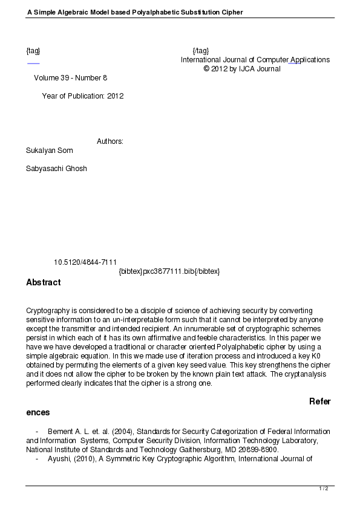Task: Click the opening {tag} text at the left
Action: pos(33,51)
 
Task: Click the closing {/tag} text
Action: pos(200,51)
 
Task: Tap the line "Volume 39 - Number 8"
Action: pos(70,78)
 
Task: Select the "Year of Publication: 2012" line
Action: pos(83,96)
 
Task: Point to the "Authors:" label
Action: pos(110,141)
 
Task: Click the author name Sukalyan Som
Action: pos(50,151)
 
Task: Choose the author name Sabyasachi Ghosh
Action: pos(56,169)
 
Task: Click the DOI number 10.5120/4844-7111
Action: pos(85,262)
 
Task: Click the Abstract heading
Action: pos(44,282)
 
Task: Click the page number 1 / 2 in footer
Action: pos(323,488)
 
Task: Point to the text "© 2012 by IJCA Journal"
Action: pos(242,69)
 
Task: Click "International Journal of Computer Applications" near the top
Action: pos(255,60)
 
